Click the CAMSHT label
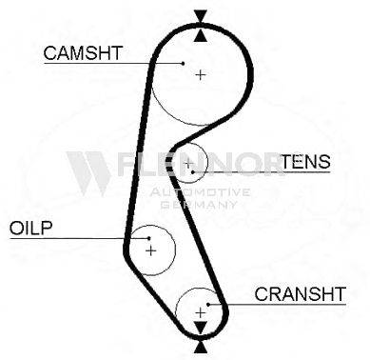coord(83,53)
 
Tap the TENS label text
coord(306,162)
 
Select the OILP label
coord(30,228)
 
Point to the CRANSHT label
coord(300,294)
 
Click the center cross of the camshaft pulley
coord(201,75)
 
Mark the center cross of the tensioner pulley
coord(188,164)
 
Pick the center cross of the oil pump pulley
coord(151,250)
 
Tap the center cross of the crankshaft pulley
coord(201,313)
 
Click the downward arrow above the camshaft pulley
coord(201,16)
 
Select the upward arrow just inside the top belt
coord(201,35)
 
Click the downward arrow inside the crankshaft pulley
coord(201,328)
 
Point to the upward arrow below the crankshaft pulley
coord(201,347)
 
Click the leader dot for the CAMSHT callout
coord(183,64)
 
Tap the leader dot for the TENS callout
coord(193,172)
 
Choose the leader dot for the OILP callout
coord(149,238)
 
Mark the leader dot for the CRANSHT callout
coord(208,305)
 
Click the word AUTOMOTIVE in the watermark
coord(200,192)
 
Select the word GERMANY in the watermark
coord(199,204)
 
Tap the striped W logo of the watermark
coord(89,173)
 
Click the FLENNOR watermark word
coord(201,164)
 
